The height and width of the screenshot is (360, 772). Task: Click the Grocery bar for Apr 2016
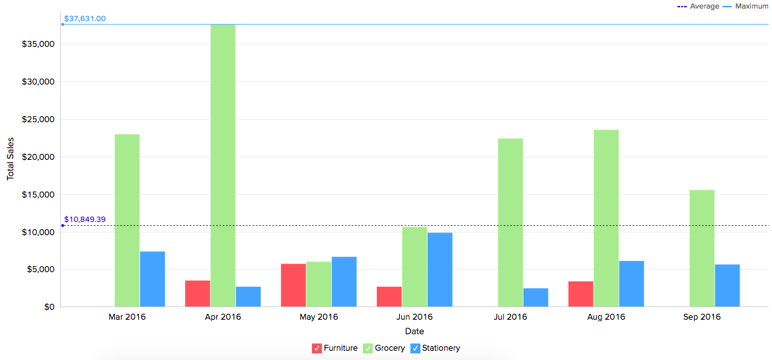pos(223,165)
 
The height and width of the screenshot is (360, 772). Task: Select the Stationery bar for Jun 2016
pos(440,270)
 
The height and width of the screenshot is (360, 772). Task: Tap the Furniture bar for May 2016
pos(293,285)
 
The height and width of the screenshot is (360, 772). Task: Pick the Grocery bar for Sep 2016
pos(702,248)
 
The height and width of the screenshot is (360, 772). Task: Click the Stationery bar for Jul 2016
pos(535,297)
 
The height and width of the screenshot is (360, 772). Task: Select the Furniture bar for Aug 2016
pos(580,294)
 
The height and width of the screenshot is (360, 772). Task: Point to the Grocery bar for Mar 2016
pos(127,220)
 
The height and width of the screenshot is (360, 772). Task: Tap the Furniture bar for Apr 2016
pos(198,293)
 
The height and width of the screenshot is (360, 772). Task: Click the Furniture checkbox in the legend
pos(317,348)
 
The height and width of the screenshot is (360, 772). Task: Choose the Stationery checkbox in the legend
pos(415,348)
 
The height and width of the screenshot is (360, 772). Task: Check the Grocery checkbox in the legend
pos(368,348)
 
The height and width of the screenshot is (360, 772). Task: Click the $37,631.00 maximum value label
pos(85,18)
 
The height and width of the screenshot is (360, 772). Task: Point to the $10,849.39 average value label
pos(85,219)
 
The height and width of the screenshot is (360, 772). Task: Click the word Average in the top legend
pos(705,6)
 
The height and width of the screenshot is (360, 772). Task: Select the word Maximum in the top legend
pos(752,6)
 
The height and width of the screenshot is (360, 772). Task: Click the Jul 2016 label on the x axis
pos(510,317)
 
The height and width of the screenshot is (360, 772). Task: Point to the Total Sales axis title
pos(11,159)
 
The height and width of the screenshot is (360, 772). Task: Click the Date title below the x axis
pos(414,331)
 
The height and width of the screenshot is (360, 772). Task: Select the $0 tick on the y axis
pos(49,307)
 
